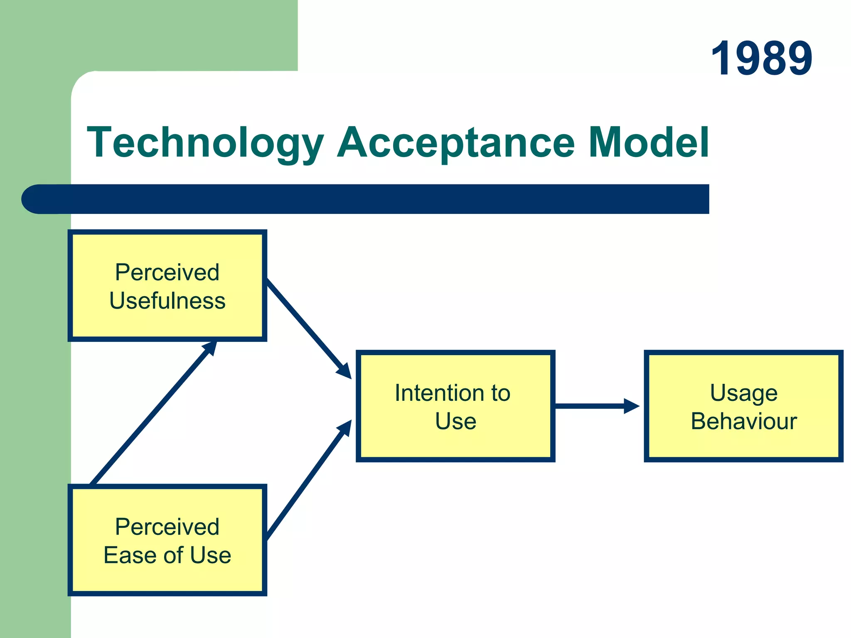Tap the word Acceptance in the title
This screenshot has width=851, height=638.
click(x=456, y=142)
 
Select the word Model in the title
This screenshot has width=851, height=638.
click(x=648, y=142)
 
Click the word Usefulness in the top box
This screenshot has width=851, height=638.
click(x=167, y=301)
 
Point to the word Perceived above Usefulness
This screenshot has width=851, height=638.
click(x=167, y=272)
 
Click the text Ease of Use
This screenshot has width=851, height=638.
click(x=167, y=555)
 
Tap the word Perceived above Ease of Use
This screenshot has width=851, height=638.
click(x=167, y=527)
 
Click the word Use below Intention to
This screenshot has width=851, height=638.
click(x=455, y=421)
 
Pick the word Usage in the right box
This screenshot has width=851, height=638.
click(x=743, y=393)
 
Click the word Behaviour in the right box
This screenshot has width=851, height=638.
click(x=743, y=421)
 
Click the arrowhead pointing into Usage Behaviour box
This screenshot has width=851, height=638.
click(x=632, y=406)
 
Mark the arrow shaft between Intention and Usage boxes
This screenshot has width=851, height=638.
click(x=590, y=406)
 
